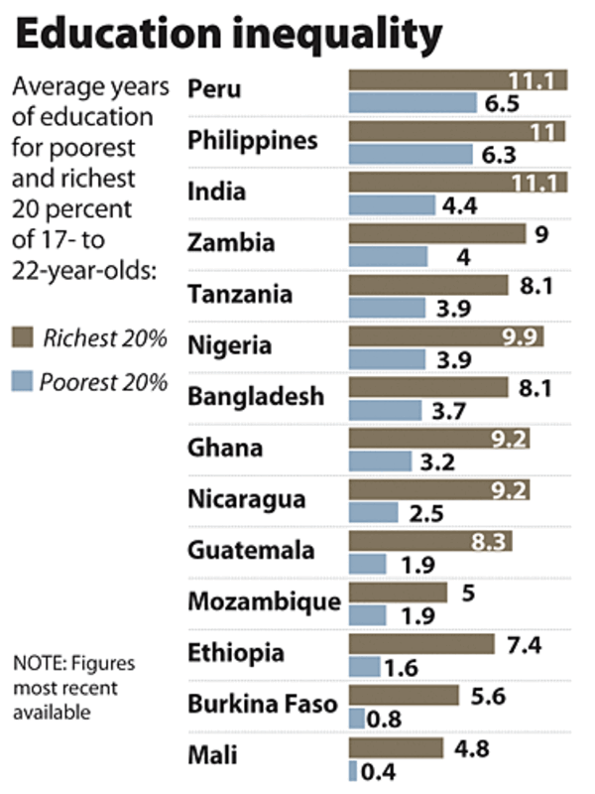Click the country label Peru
point(215,88)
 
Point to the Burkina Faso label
point(263,705)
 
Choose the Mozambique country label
point(264,601)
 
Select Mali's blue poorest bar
point(352,770)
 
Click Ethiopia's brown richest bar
point(420,644)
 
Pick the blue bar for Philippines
point(411,154)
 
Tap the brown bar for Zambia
point(436,233)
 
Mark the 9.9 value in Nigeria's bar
point(519,335)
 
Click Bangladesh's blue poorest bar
point(386,411)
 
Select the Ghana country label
point(225,448)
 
